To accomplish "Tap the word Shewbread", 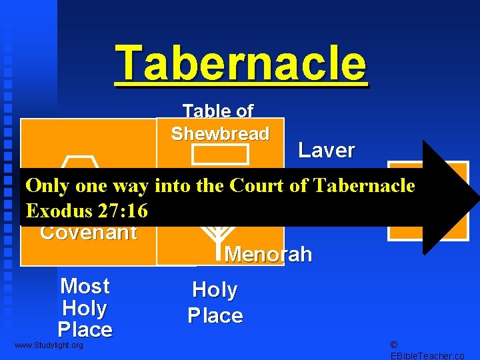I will pyautogui.click(x=220, y=133).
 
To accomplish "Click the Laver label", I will pyautogui.click(x=326, y=150).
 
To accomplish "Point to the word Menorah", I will pyautogui.click(x=268, y=254).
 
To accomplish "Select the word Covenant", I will pyautogui.click(x=89, y=233).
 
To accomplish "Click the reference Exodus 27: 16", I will pyautogui.click(x=86, y=211).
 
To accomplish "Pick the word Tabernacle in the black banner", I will pyautogui.click(x=363, y=186).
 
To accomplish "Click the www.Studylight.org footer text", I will pyautogui.click(x=49, y=345).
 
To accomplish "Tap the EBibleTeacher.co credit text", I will pyautogui.click(x=427, y=356).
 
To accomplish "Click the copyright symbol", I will pyautogui.click(x=393, y=345).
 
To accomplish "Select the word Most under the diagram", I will pyautogui.click(x=85, y=286).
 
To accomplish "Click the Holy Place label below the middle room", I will pyautogui.click(x=215, y=302).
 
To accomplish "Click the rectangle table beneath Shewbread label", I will pyautogui.click(x=220, y=154).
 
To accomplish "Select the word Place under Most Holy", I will pyautogui.click(x=85, y=329).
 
